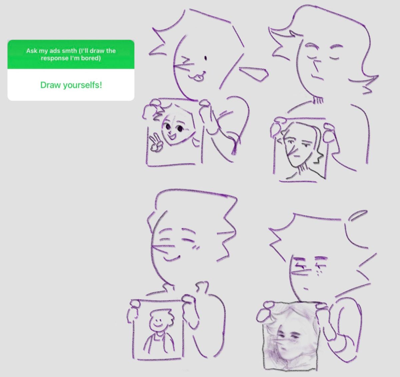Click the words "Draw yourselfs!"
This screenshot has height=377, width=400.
71,85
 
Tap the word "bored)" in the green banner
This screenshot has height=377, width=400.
91,58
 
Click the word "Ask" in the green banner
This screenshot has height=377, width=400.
32,51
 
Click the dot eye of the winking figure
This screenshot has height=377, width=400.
205,58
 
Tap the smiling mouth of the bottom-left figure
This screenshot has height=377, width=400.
172,258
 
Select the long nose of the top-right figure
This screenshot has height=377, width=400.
317,66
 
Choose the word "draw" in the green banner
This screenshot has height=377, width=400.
97,51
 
